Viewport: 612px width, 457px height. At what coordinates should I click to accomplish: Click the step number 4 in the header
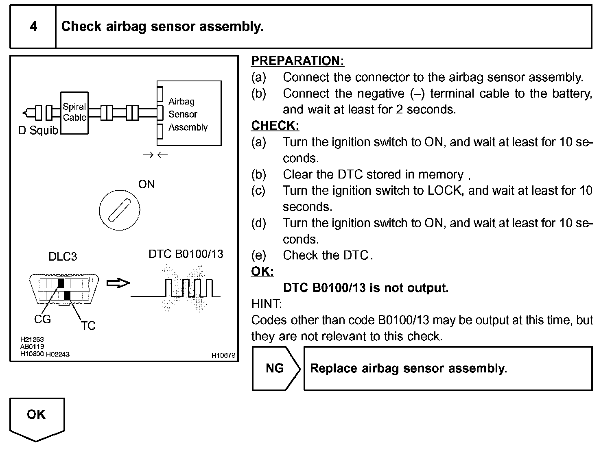pyautogui.click(x=33, y=27)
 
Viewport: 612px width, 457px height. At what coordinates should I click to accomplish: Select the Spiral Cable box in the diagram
pyautogui.click(x=74, y=113)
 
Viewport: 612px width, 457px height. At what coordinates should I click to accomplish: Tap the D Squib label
pyautogui.click(x=38, y=131)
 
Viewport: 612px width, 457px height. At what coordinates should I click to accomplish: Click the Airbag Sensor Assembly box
pyautogui.click(x=189, y=113)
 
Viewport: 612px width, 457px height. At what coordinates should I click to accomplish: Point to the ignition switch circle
pyautogui.click(x=119, y=210)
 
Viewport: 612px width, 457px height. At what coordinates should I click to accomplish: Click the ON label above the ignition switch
pyautogui.click(x=146, y=185)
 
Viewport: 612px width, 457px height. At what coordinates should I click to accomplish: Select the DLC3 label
pyautogui.click(x=63, y=257)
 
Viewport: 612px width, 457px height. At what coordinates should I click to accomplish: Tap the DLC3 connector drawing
pyautogui.click(x=64, y=289)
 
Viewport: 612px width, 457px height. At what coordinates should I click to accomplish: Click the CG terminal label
pyautogui.click(x=42, y=320)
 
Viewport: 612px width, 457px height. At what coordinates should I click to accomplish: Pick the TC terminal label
pyautogui.click(x=88, y=326)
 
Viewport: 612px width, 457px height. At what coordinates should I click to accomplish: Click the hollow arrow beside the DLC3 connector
pyautogui.click(x=118, y=283)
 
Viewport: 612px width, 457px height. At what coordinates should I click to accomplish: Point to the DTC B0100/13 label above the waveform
pyautogui.click(x=186, y=254)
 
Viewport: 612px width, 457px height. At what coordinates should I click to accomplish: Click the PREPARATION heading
pyautogui.click(x=297, y=61)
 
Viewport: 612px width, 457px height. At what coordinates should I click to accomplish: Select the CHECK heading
pyautogui.click(x=275, y=126)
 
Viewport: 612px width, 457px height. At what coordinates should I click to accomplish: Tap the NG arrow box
pyautogui.click(x=276, y=368)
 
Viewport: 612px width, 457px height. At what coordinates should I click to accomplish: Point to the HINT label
pyautogui.click(x=267, y=304)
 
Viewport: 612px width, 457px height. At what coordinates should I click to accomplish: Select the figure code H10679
pyautogui.click(x=223, y=355)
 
